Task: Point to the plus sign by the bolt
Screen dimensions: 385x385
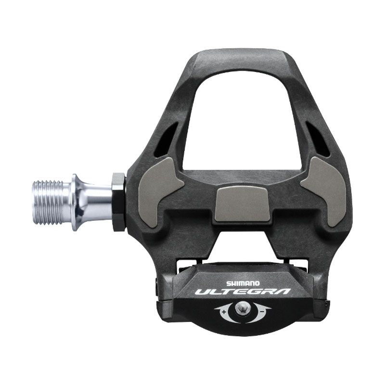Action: (x=225, y=311)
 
